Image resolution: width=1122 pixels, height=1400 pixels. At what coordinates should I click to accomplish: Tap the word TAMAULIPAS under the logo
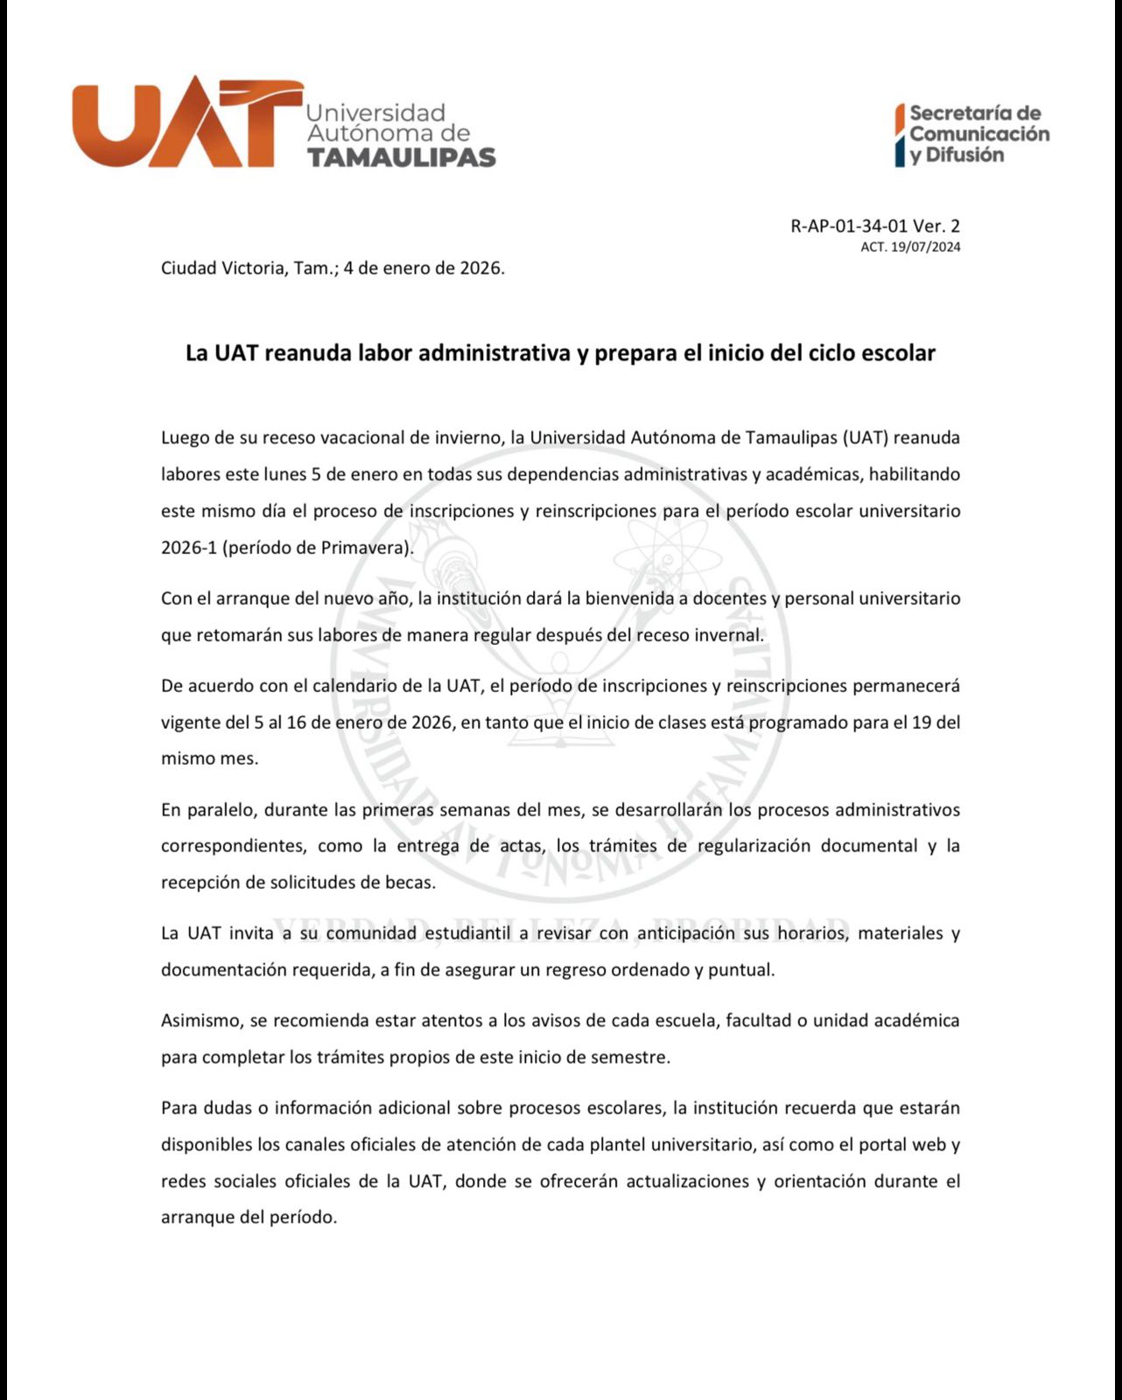click(x=401, y=157)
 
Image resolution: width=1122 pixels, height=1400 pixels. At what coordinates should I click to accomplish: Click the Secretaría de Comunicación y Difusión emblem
click(x=971, y=134)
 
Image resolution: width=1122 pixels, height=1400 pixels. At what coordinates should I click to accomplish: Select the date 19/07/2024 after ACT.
click(x=925, y=247)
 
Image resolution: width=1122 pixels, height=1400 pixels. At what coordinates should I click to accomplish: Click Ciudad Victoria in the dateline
click(x=222, y=268)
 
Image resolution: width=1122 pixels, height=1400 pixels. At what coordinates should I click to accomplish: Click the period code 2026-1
click(x=189, y=549)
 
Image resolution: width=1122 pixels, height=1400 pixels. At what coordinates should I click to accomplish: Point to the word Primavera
click(x=366, y=549)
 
